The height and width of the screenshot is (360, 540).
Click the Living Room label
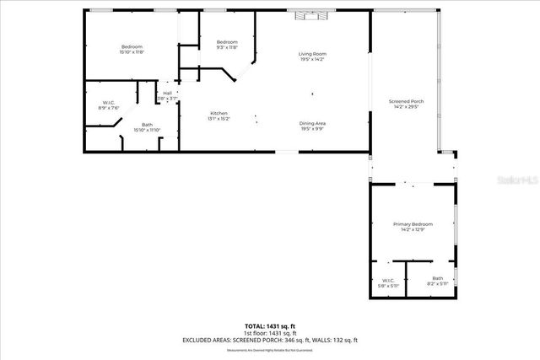[x=311, y=54]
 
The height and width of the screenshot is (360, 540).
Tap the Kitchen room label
[x=219, y=113]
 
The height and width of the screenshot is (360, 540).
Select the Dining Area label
[x=312, y=124]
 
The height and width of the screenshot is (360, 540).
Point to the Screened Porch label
[x=405, y=101]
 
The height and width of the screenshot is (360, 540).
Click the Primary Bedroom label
[x=413, y=223]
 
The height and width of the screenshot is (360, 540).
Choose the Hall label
[x=167, y=93]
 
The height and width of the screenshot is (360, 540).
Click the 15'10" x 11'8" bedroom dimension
[x=132, y=52]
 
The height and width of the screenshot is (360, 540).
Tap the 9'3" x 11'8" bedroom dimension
[x=227, y=48]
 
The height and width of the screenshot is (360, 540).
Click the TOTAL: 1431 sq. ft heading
[x=270, y=325]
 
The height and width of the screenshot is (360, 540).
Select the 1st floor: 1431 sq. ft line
[x=270, y=333]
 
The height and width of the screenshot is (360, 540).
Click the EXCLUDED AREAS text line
[x=270, y=340]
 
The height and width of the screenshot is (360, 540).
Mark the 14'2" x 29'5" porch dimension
[x=405, y=107]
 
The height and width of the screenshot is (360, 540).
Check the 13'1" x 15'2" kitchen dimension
[x=219, y=119]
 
